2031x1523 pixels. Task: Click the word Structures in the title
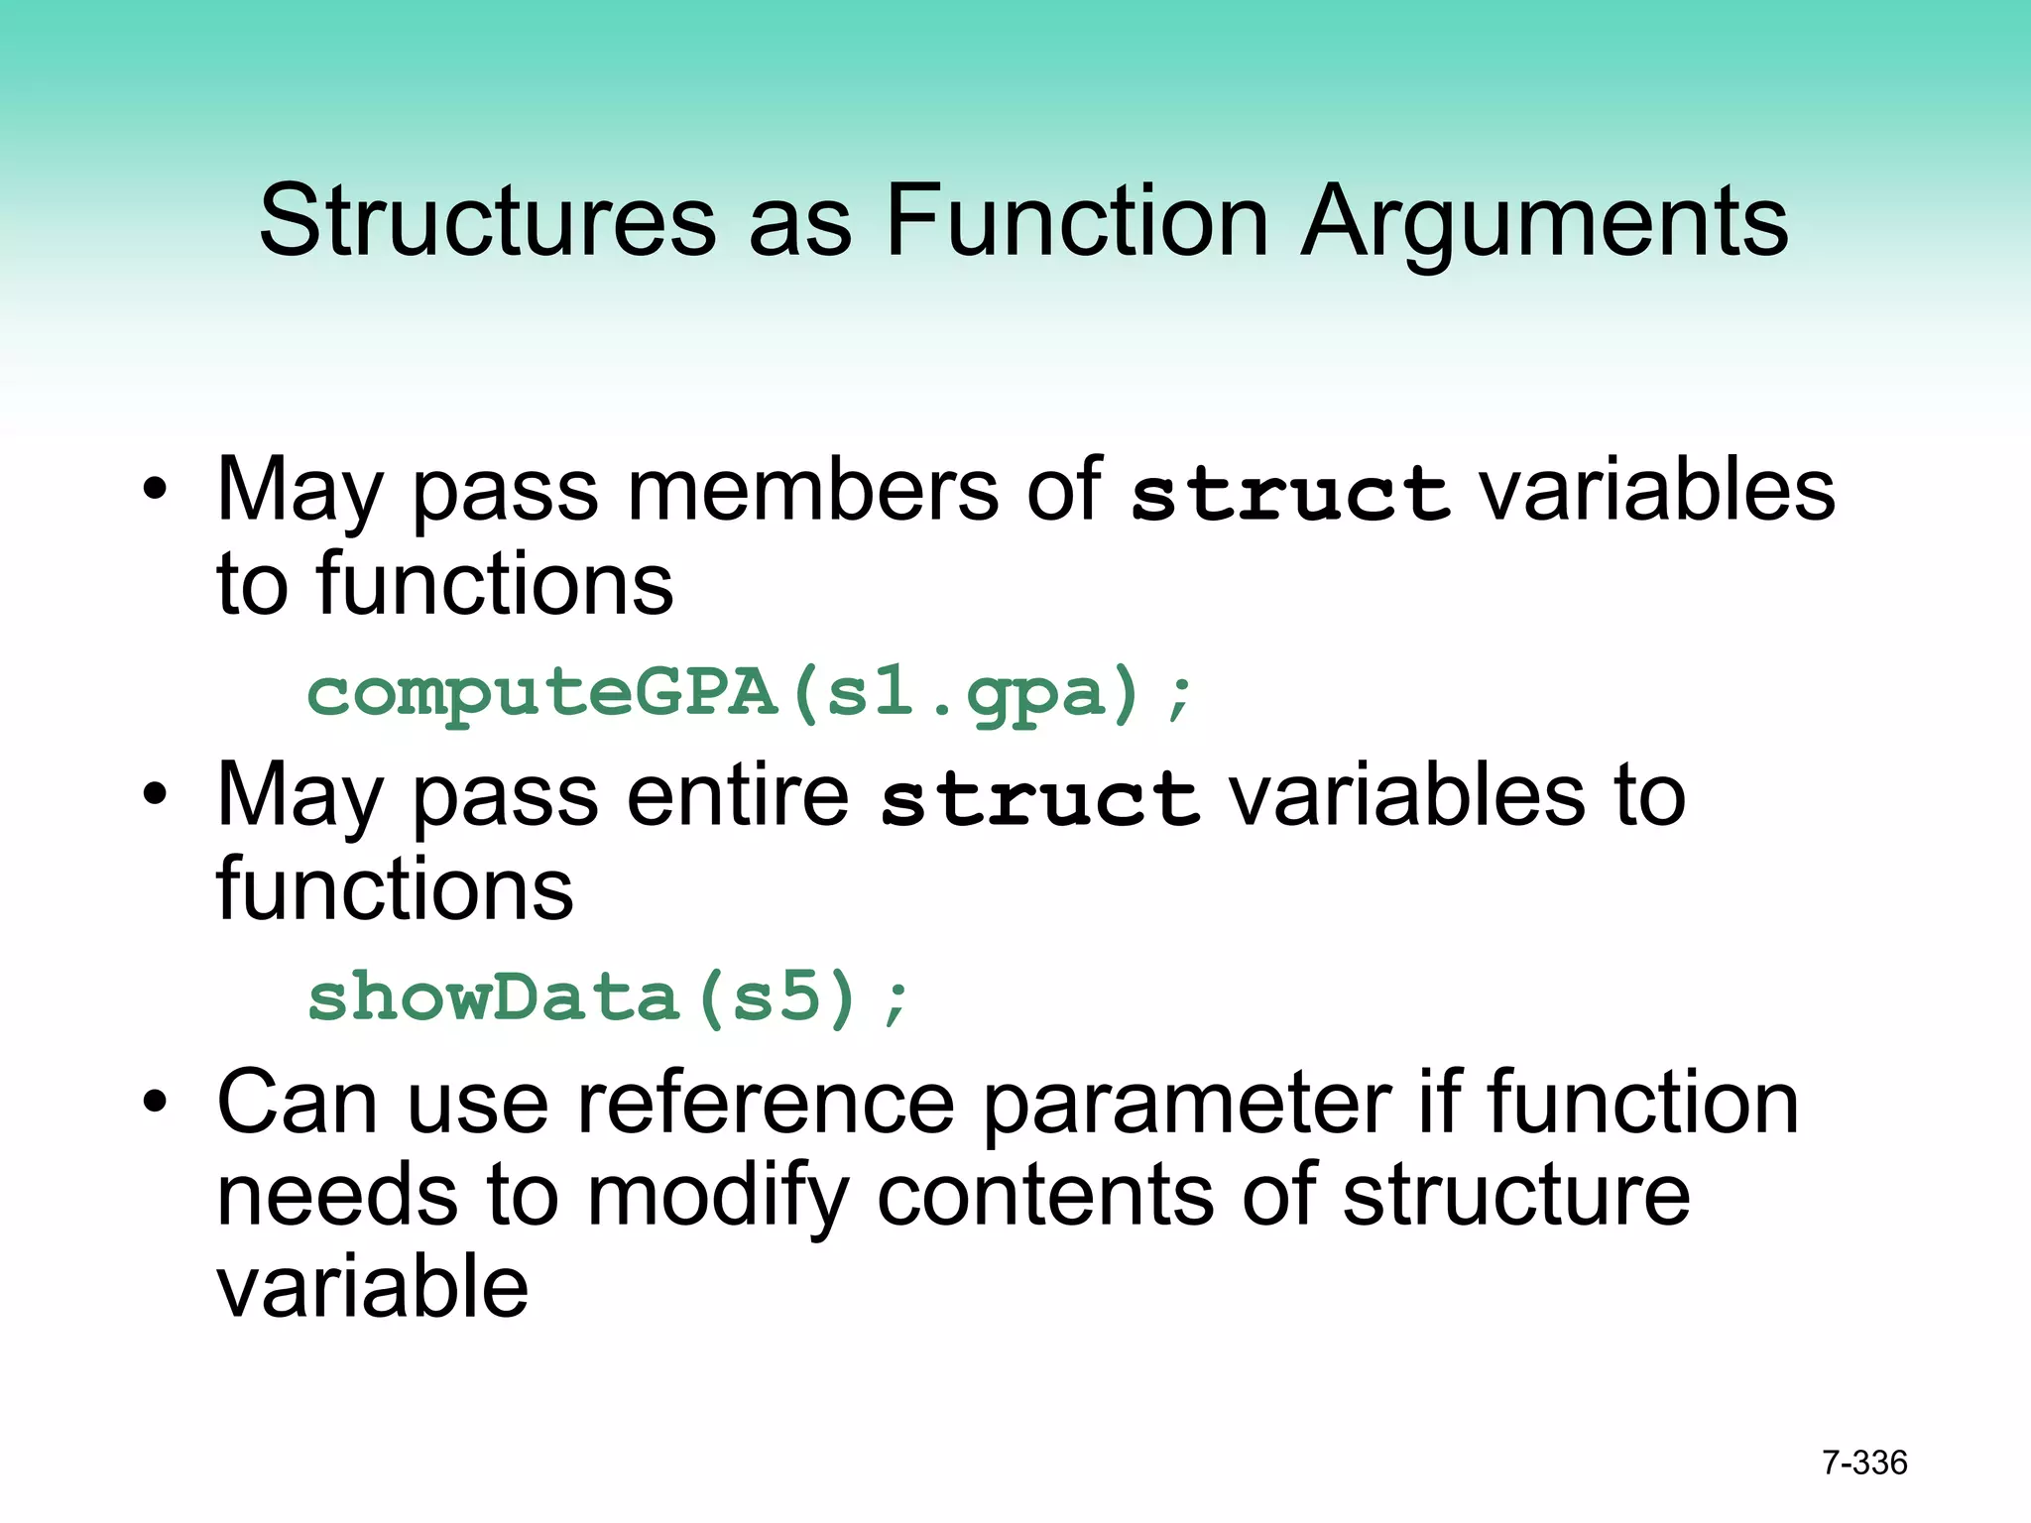pos(486,222)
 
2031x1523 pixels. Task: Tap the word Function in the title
pos(1075,222)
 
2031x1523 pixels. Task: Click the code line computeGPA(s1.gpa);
pos(750,693)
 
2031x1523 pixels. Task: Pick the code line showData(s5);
pos(607,997)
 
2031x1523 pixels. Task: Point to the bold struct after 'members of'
pos(1290,493)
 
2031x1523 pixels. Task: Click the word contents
pos(1045,1197)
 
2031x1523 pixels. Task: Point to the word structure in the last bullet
pos(1516,1197)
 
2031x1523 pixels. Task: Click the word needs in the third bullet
pos(337,1197)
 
